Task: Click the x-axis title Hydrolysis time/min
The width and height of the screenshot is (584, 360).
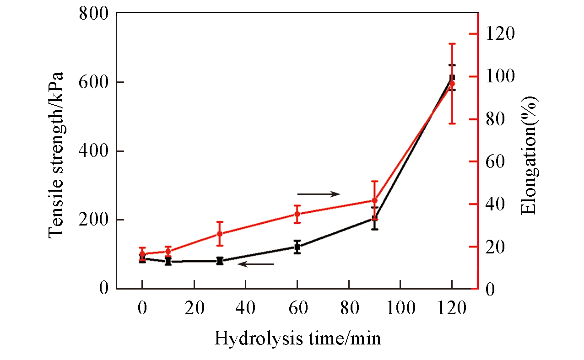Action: pos(297,339)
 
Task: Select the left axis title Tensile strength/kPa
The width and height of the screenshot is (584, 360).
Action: pos(55,155)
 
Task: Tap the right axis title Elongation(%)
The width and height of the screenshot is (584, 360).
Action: pos(530,155)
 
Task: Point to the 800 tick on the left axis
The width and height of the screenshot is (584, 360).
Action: pos(93,14)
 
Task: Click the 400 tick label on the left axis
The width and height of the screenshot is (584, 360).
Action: pos(93,151)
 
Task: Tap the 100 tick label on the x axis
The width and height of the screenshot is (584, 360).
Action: pos(400,307)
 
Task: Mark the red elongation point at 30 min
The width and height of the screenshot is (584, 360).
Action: pos(220,234)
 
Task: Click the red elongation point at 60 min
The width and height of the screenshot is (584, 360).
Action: pos(297,214)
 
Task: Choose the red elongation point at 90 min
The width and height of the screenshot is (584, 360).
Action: pos(374,200)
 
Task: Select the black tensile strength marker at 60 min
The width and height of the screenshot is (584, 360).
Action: pos(297,247)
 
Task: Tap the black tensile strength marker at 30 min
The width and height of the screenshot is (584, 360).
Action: pos(220,261)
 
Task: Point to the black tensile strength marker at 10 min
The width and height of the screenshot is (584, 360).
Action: pos(168,262)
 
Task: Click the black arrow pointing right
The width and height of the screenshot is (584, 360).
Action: pos(319,194)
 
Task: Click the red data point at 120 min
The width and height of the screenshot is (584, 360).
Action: pos(452,84)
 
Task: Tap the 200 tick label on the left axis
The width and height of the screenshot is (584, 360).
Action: pos(93,220)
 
